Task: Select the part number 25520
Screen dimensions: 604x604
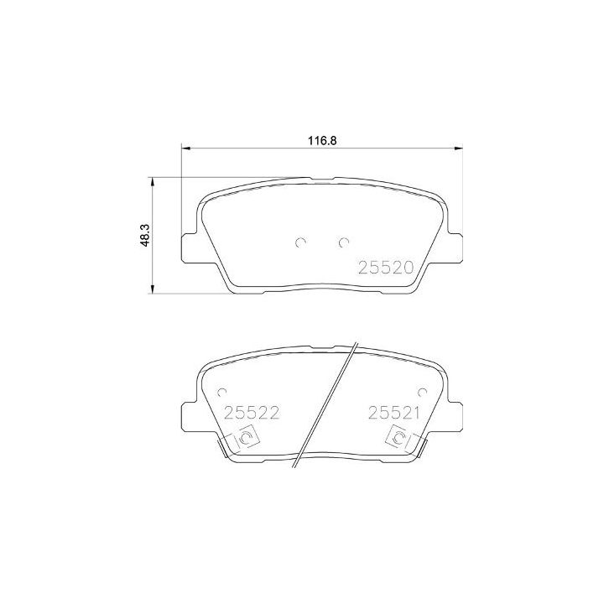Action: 387,268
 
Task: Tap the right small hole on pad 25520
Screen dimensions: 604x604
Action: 342,243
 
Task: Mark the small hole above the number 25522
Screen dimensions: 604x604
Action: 222,392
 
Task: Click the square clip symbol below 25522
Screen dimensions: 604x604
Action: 247,439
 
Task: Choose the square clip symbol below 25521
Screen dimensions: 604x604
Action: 397,439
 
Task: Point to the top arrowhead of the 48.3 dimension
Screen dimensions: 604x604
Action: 152,181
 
